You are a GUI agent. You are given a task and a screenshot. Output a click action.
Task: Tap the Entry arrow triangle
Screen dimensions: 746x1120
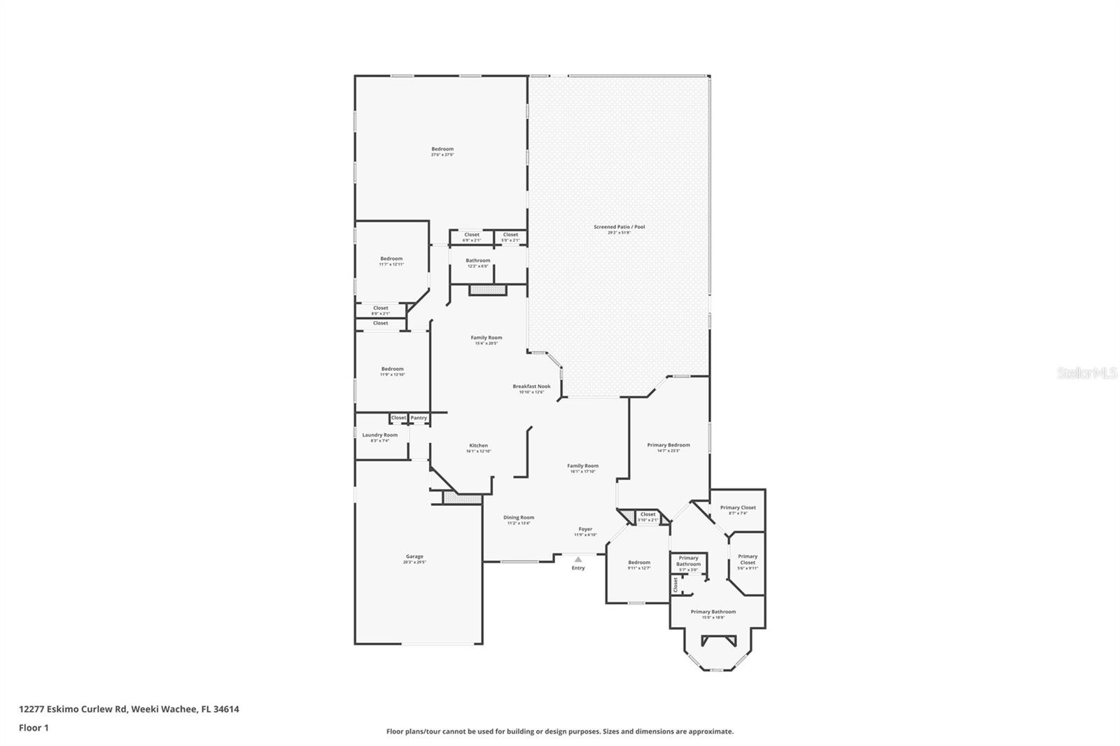click(x=578, y=560)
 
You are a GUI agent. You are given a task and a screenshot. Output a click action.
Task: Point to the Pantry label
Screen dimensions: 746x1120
click(x=419, y=418)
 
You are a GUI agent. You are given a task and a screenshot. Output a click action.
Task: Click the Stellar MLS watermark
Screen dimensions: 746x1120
click(x=1087, y=374)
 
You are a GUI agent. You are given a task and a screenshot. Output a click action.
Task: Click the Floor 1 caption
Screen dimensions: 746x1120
click(x=34, y=728)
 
